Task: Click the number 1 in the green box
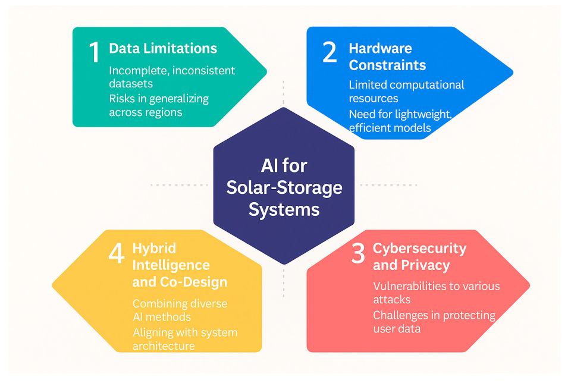93,52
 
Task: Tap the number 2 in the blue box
329,52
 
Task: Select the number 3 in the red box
357,254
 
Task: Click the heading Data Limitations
163,49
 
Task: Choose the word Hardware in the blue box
380,48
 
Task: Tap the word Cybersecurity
419,249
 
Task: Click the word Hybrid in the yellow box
154,248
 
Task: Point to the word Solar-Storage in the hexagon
284,188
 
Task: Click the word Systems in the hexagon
284,209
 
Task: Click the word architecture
163,346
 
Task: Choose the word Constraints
387,65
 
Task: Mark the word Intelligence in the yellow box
171,265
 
